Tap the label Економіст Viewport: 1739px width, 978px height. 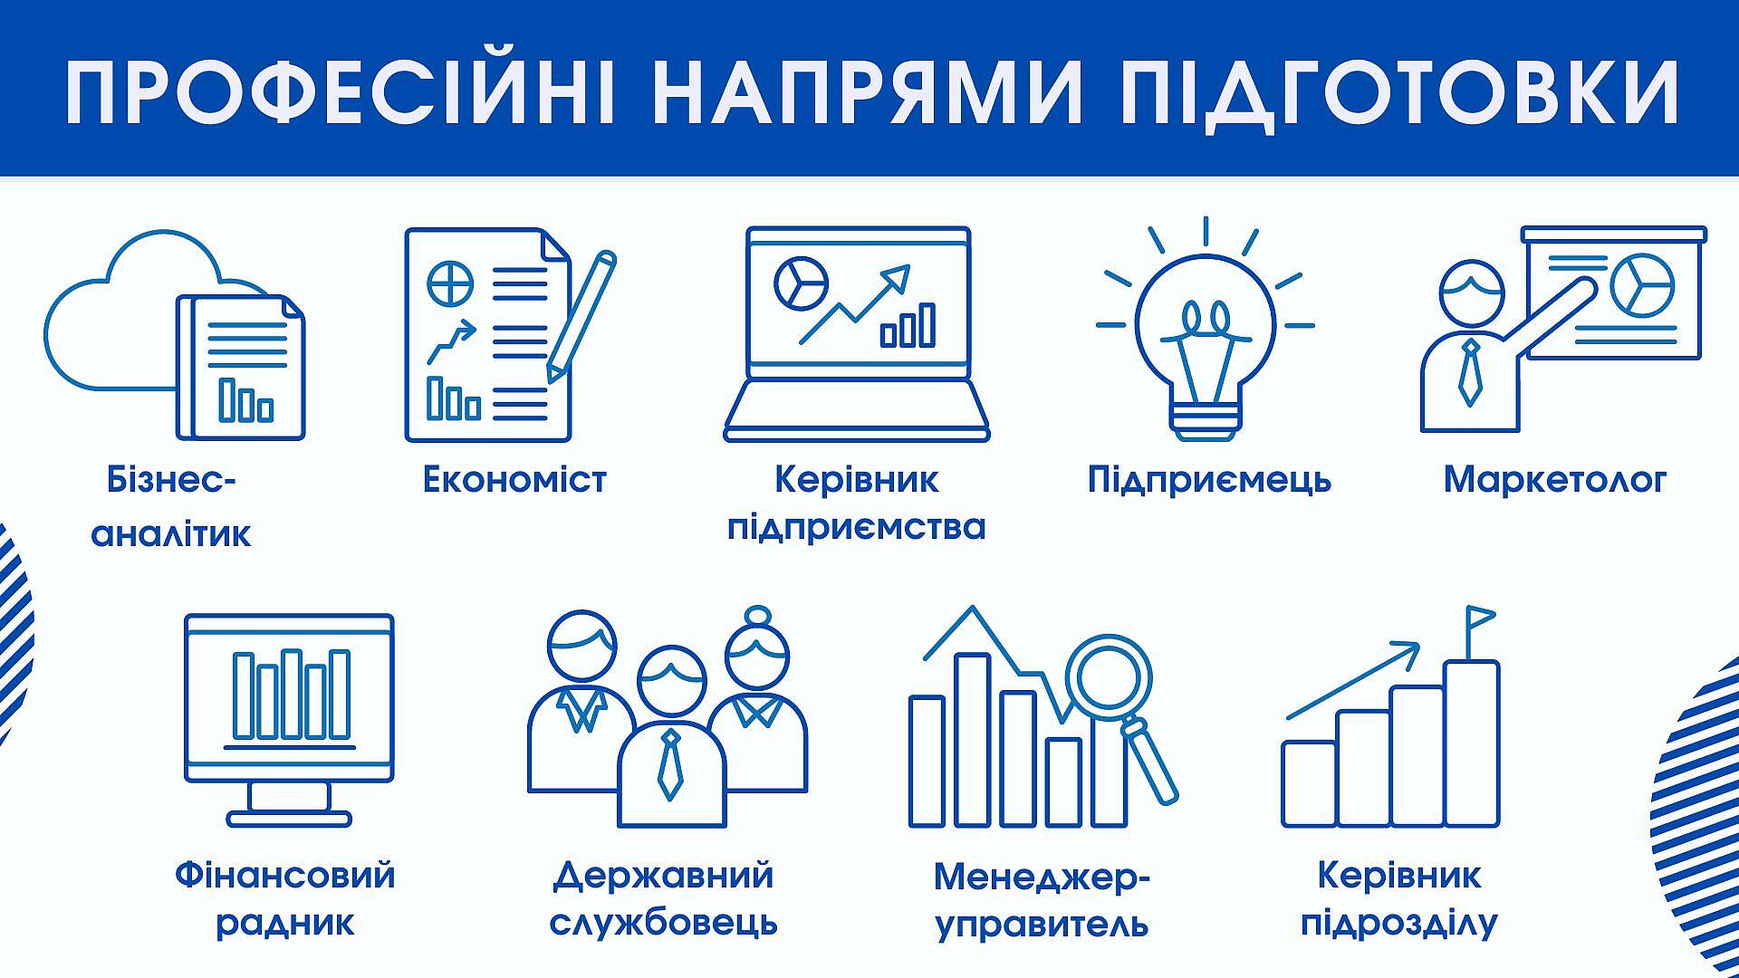(514, 480)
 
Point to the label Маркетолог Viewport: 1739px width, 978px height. (1554, 480)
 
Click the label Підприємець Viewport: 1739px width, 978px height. (1209, 481)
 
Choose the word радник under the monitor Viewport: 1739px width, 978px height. (284, 924)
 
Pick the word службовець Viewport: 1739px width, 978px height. (663, 923)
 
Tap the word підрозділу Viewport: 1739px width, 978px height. (1398, 924)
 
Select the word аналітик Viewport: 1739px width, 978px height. (171, 533)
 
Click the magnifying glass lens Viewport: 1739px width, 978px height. (1109, 676)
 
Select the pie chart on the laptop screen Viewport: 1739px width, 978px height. (802, 283)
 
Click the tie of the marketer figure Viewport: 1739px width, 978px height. (1469, 372)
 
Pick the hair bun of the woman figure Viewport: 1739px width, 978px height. (757, 617)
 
